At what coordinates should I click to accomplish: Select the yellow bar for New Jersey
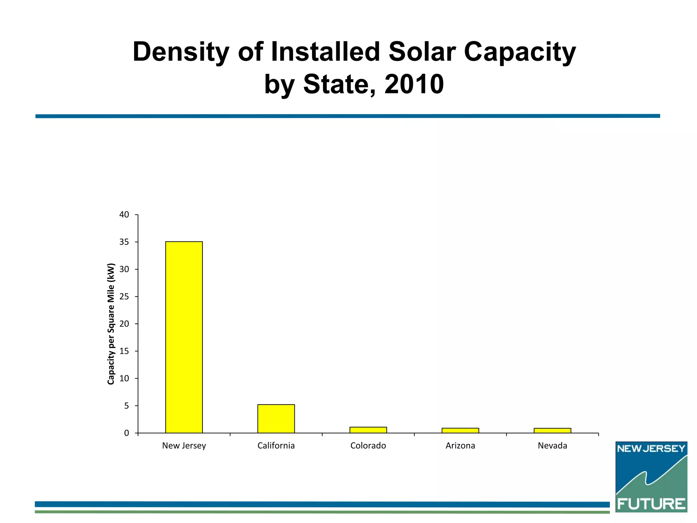tap(184, 337)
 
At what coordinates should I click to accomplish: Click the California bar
tap(276, 418)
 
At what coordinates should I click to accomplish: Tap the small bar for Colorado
tap(368, 430)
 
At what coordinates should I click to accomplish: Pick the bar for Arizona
tap(460, 430)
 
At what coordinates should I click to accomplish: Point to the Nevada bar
tap(552, 430)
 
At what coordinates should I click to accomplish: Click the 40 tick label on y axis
tap(124, 215)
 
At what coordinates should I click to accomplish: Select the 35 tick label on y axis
tap(124, 242)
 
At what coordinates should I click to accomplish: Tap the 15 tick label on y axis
tap(124, 351)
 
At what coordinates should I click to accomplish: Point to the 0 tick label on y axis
tap(127, 433)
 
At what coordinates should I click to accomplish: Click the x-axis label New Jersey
tap(184, 446)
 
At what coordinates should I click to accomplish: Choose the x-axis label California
tap(276, 446)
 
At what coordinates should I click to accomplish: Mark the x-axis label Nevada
tap(552, 446)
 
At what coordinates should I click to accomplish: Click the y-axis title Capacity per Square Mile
tap(111, 323)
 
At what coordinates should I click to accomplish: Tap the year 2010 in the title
tap(414, 84)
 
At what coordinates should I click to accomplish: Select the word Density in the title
tap(181, 52)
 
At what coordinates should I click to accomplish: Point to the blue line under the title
tap(347, 116)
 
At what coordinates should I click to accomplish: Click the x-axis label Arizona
tap(460, 446)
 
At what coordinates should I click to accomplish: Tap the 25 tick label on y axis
tap(124, 297)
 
